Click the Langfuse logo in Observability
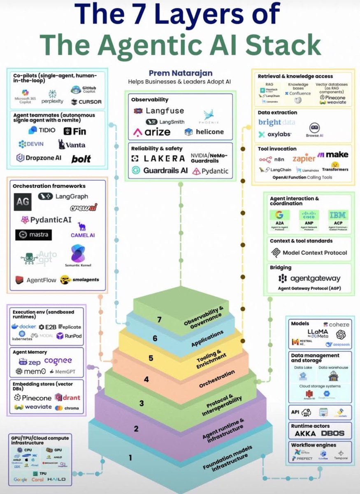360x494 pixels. point(159,111)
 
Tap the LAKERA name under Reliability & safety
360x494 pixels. point(158,158)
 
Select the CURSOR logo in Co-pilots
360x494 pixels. point(86,102)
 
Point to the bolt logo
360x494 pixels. point(81,158)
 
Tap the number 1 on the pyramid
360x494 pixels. point(130,457)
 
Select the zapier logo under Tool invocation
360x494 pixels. point(304,158)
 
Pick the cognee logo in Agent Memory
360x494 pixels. point(58,361)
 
